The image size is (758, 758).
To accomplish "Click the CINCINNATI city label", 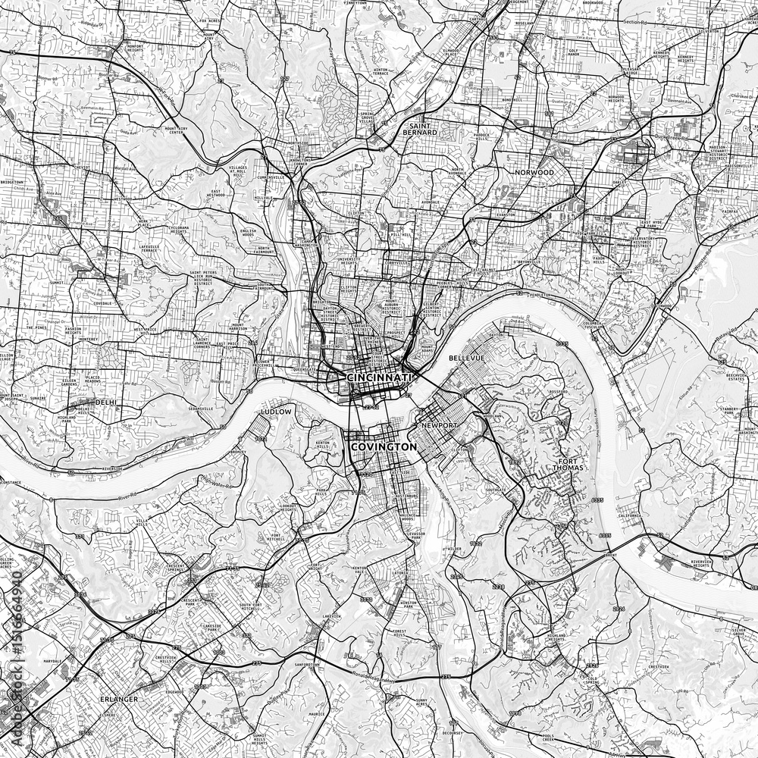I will pos(378,377).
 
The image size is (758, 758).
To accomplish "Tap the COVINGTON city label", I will pos(384,447).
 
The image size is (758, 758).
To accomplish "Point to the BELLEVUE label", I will pos(466,356).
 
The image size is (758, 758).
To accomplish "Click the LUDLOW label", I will pos(275,411).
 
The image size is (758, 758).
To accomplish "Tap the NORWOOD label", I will pos(534,172).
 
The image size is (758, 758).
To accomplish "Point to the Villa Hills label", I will pos(143,524).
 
